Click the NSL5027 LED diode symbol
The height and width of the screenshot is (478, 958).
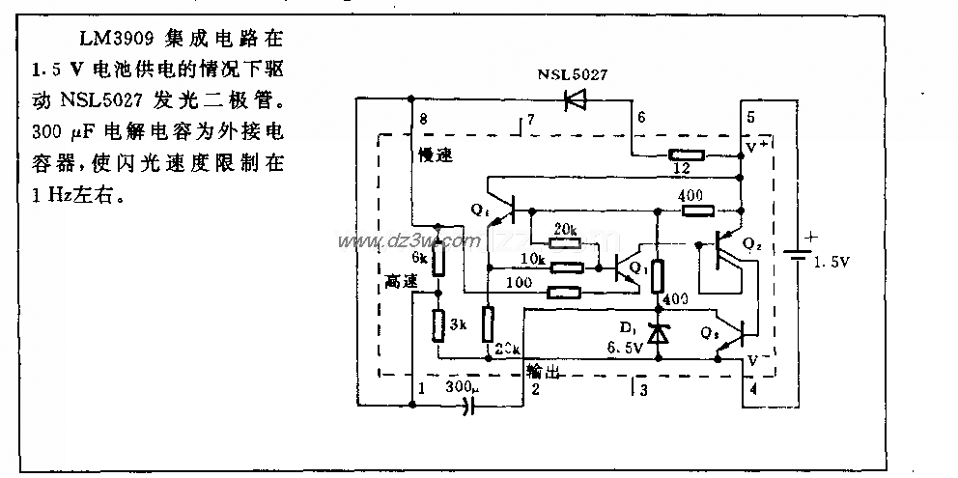coord(577,98)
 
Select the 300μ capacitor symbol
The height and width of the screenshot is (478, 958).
coord(471,407)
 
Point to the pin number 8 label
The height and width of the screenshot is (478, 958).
coord(423,120)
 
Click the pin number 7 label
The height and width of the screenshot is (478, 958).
coord(529,119)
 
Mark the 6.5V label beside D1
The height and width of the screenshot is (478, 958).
coord(625,350)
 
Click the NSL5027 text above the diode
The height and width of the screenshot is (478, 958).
coord(574,73)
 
